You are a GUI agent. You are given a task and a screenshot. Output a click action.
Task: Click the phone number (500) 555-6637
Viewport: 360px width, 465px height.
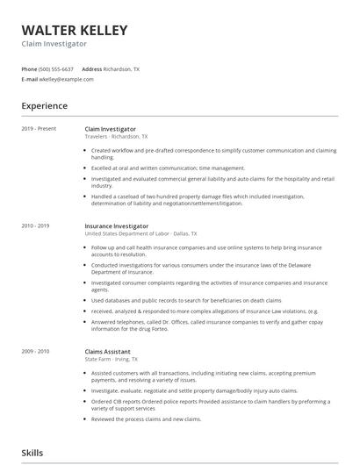(56, 68)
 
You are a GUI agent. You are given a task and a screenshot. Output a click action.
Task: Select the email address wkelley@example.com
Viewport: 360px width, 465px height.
(67, 79)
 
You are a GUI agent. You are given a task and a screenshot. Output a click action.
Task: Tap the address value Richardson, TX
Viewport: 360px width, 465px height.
(121, 68)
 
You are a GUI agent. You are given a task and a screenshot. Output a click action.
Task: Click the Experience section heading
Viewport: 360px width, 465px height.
(44, 106)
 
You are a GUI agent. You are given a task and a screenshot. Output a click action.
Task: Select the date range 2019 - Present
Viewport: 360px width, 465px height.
(39, 129)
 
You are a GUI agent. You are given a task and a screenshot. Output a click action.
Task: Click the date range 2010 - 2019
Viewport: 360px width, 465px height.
(36, 226)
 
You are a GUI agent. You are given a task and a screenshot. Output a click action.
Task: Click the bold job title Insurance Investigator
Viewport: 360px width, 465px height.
(117, 226)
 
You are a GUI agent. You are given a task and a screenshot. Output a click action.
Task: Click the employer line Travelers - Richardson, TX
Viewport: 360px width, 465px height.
(116, 137)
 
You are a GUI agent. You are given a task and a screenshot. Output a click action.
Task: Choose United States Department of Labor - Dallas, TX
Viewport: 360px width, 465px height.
(140, 234)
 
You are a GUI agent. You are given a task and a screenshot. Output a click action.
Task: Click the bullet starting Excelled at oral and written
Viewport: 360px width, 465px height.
(155, 168)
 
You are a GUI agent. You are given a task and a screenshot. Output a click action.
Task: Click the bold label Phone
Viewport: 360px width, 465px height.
(29, 68)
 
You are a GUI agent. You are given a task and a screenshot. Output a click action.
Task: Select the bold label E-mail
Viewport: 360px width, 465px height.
(30, 79)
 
